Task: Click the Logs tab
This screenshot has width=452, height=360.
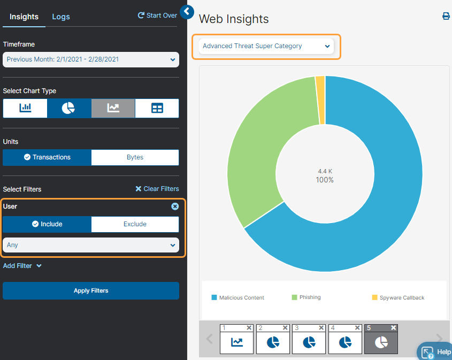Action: [x=61, y=17]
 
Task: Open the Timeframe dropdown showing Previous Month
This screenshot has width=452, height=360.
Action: [x=91, y=59]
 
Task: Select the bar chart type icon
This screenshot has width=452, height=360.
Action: [x=25, y=108]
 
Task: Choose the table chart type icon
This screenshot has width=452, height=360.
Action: [x=157, y=108]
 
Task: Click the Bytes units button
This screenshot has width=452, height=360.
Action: [x=135, y=157]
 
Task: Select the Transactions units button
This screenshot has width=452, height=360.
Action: [x=47, y=157]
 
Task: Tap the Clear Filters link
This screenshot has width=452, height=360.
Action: [x=157, y=189]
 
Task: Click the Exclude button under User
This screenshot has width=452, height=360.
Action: [x=135, y=224]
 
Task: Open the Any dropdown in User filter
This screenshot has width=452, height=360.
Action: [x=91, y=245]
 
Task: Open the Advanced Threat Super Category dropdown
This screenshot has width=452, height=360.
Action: [x=266, y=46]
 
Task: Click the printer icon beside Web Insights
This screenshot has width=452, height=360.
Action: [x=446, y=17]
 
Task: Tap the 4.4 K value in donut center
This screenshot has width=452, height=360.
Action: [x=325, y=171]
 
